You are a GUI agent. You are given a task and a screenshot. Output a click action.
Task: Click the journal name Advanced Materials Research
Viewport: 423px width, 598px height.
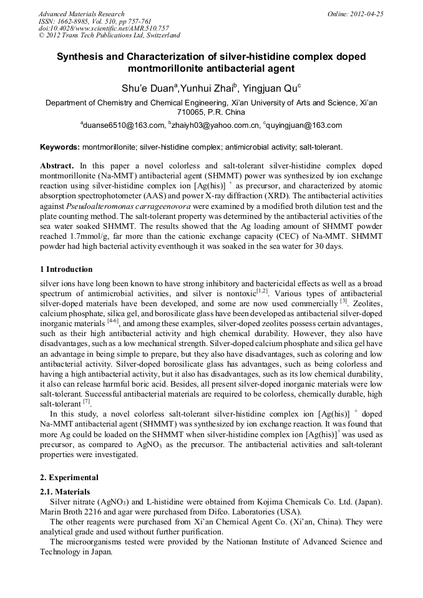pyautogui.click(x=81, y=14)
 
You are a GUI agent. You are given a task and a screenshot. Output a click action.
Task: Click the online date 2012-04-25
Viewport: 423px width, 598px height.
pyautogui.click(x=366, y=14)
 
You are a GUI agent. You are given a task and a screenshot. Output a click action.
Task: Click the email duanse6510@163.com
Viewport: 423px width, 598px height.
pyautogui.click(x=124, y=125)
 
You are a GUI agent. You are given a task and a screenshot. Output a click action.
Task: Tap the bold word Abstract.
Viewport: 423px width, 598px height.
pyautogui.click(x=57, y=166)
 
